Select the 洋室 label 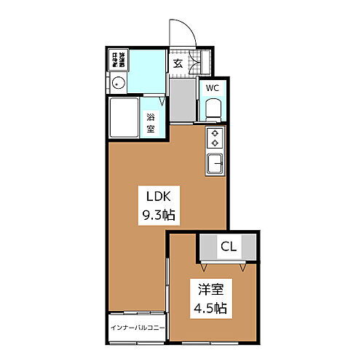[x=211, y=288]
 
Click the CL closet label [x=228, y=247]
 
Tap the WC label [x=212, y=88]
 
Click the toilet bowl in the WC [x=213, y=109]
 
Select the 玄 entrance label [x=178, y=62]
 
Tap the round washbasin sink [x=120, y=84]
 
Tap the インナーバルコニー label [x=137, y=326]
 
